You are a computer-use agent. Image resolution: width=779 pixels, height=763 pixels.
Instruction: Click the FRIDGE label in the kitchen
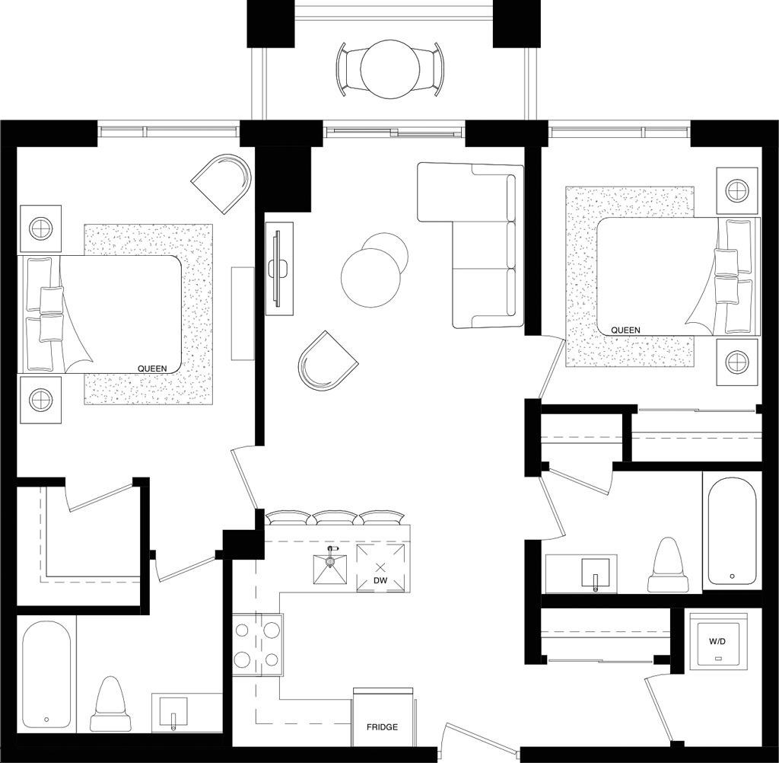(x=382, y=727)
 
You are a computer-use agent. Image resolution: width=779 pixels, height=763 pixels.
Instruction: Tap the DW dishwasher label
(x=380, y=581)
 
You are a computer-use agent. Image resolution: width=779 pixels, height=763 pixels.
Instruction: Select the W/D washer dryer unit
(x=717, y=641)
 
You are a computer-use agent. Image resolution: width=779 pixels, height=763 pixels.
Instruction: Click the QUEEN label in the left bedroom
(x=152, y=369)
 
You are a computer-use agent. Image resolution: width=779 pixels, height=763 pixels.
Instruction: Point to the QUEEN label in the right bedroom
(x=625, y=330)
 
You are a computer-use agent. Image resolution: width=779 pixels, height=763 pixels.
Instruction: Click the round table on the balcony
(x=390, y=70)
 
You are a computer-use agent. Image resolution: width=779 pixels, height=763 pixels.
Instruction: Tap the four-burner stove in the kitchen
(x=257, y=645)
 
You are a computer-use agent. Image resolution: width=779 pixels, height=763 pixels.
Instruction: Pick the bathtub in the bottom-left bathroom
(x=46, y=675)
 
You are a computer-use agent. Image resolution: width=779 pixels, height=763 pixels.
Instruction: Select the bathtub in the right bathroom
(x=732, y=534)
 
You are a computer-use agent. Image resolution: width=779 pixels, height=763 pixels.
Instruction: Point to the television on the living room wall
(x=279, y=268)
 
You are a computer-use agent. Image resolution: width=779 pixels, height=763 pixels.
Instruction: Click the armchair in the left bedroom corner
(x=223, y=183)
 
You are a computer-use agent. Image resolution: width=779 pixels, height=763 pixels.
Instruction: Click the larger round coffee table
(x=370, y=279)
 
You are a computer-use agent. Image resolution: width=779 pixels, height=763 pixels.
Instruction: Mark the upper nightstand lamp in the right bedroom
(x=737, y=190)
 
